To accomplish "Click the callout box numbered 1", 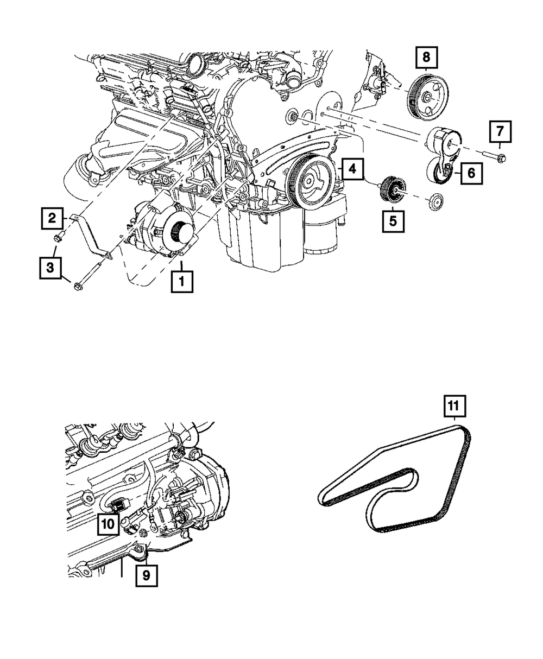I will (181, 281).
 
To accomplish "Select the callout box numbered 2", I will (52, 219).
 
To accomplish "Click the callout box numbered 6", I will (471, 173).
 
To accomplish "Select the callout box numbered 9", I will (146, 575).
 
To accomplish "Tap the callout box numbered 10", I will (108, 524).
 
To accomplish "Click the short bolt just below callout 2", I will (60, 237).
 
